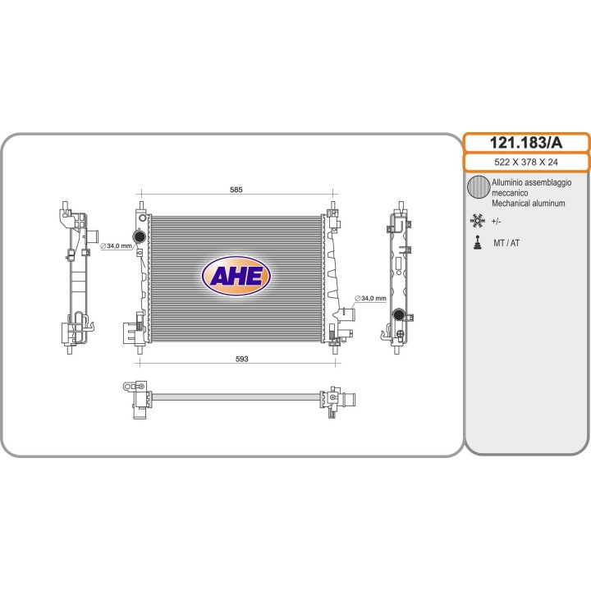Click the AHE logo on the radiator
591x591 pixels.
pyautogui.click(x=236, y=276)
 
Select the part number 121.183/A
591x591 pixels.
pyautogui.click(x=526, y=143)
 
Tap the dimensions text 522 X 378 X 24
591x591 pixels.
pyautogui.click(x=526, y=162)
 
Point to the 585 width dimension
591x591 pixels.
pyautogui.click(x=236, y=190)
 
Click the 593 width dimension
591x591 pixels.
pyautogui.click(x=241, y=359)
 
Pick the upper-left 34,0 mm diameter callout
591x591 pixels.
pyautogui.click(x=116, y=246)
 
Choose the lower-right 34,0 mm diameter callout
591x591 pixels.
pyautogui.click(x=370, y=298)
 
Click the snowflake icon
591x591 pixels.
pyautogui.click(x=477, y=221)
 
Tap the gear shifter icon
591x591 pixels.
pyautogui.click(x=478, y=243)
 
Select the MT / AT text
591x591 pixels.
pyautogui.click(x=506, y=243)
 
